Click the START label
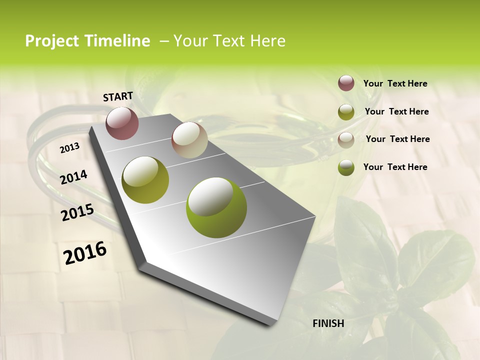click(118, 96)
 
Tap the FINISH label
click(328, 323)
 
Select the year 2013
click(69, 148)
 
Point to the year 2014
click(73, 177)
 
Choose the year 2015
click(77, 212)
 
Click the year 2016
click(85, 253)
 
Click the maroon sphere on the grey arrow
click(122, 123)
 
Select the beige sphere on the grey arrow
click(189, 140)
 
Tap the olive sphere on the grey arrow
click(145, 180)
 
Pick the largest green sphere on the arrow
click(216, 207)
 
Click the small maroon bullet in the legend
click(346, 83)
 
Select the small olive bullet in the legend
click(346, 112)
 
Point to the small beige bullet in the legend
click(346, 140)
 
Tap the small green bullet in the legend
click(346, 167)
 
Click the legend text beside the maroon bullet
click(395, 84)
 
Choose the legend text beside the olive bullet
click(396, 111)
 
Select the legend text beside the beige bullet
click(397, 139)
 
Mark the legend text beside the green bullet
click(395, 167)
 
